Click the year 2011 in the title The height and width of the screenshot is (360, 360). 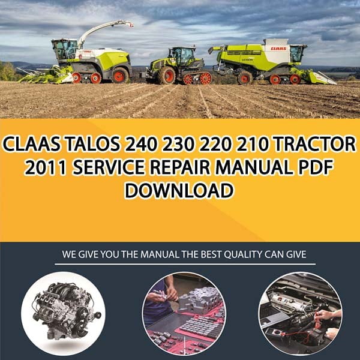tap(45, 167)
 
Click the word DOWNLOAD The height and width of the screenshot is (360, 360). tap(179, 190)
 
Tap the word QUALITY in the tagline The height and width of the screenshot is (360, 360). tap(242, 254)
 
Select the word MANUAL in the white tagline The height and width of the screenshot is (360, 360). tap(160, 254)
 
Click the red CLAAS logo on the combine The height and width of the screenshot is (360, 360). tap(278, 49)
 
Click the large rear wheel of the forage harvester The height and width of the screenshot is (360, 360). tap(120, 75)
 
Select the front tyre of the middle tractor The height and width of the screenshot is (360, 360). tap(166, 76)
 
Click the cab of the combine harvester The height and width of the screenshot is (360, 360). tap(298, 54)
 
